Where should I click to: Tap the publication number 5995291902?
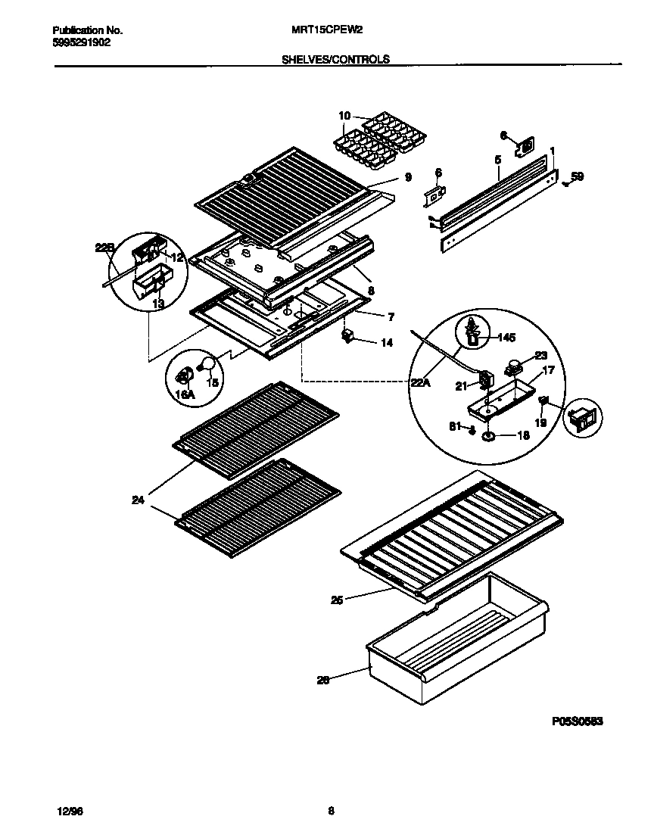[83, 43]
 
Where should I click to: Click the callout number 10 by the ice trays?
[344, 116]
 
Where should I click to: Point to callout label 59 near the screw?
[577, 177]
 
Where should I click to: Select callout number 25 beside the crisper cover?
[337, 600]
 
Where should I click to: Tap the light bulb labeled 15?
[207, 366]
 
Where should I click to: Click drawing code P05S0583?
[577, 721]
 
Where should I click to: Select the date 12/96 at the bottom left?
[69, 811]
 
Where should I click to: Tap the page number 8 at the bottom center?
[331, 811]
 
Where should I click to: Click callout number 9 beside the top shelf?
[407, 177]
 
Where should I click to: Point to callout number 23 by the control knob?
[540, 356]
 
